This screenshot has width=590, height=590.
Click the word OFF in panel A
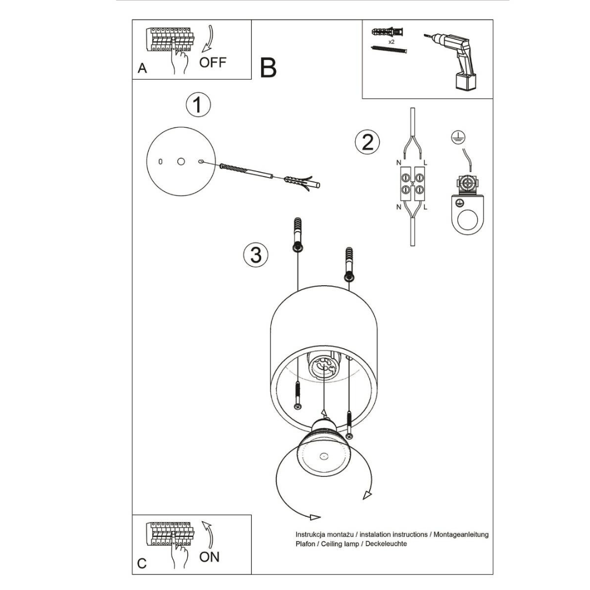click(213, 62)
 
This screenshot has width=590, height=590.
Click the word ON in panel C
click(209, 557)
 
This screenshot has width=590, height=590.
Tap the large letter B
click(268, 68)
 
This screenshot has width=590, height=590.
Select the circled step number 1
click(198, 104)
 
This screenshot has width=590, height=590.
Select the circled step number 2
click(367, 141)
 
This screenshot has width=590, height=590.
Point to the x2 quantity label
click(391, 42)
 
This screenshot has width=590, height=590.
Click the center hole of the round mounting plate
click(181, 162)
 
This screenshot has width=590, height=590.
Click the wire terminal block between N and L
click(412, 183)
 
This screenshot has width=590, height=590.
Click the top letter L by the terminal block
click(426, 163)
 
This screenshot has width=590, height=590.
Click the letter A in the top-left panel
click(142, 68)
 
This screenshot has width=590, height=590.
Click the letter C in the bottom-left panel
click(142, 563)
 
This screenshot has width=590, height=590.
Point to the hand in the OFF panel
click(179, 58)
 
